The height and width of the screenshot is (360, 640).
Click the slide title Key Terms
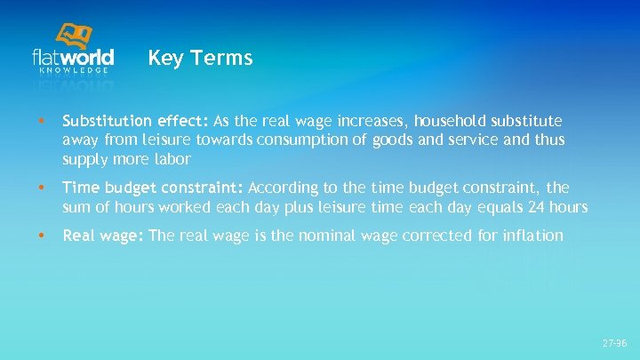click(200, 59)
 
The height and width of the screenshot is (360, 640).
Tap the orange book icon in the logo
click(75, 36)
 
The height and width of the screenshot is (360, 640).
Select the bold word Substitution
click(108, 120)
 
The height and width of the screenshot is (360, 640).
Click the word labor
click(172, 159)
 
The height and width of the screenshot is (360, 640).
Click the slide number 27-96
click(614, 342)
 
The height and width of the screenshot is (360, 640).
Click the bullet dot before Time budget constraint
click(32, 188)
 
